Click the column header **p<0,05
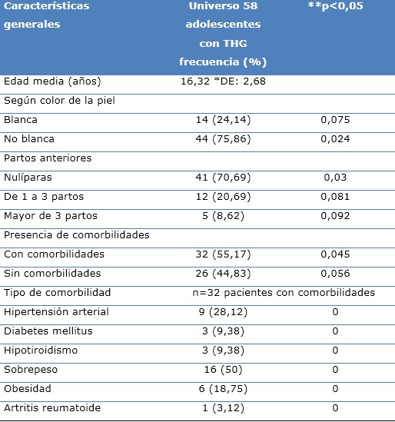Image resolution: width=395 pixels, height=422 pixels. (335, 7)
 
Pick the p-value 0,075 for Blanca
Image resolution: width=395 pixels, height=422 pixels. (335, 120)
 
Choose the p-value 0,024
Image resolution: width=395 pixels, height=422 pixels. (335, 139)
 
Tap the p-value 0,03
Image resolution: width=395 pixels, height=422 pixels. (335, 178)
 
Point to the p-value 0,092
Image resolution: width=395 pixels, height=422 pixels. (335, 216)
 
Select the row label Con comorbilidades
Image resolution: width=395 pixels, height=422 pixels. (54, 254)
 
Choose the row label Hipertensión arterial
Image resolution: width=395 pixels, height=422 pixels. (56, 312)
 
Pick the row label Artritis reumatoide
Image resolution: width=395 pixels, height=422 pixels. (52, 408)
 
